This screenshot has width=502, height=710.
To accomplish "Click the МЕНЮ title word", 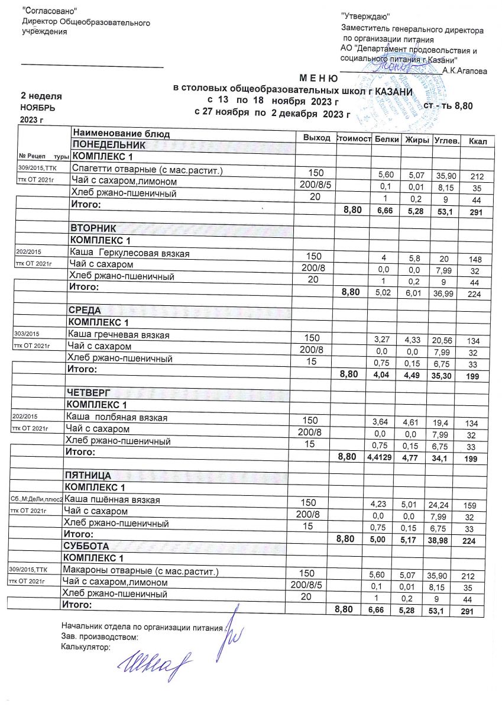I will [319, 78].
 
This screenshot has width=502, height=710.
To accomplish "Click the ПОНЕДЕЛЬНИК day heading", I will [108, 145].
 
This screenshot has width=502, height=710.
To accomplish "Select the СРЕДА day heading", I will [86, 311].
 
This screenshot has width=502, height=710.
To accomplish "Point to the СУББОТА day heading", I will [86, 546].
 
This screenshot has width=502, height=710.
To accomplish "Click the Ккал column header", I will [476, 142].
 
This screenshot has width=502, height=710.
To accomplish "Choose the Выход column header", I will [316, 138].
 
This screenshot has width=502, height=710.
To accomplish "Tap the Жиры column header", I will [416, 140].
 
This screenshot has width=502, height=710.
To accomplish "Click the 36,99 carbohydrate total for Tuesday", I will [442, 293].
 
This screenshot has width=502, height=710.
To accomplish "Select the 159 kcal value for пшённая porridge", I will [470, 505].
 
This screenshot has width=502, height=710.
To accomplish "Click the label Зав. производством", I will [100, 637].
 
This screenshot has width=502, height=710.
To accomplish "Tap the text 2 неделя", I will [41, 96].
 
